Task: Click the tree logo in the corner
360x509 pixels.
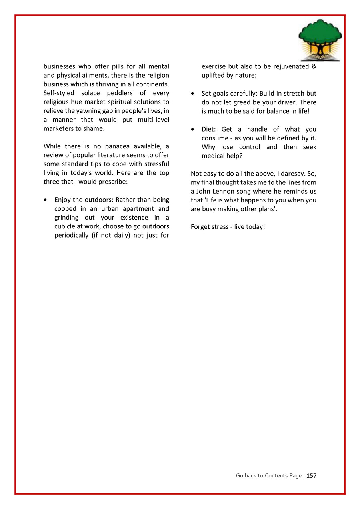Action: click(x=320, y=40)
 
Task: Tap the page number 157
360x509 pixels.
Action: click(x=311, y=475)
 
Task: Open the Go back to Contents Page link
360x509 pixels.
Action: click(x=269, y=475)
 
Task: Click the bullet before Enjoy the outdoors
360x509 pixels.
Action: click(x=47, y=200)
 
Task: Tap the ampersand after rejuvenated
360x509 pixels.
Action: click(x=314, y=66)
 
